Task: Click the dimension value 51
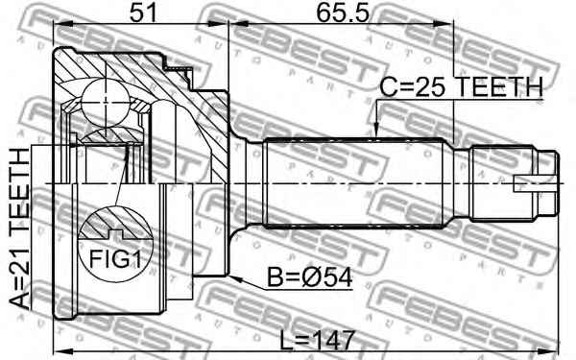(143, 12)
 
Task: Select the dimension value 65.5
(343, 12)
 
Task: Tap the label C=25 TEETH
(461, 87)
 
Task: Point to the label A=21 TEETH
(19, 228)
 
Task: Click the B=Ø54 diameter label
(310, 277)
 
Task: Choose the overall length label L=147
(318, 341)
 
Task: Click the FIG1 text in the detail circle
(115, 259)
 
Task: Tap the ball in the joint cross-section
(106, 103)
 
